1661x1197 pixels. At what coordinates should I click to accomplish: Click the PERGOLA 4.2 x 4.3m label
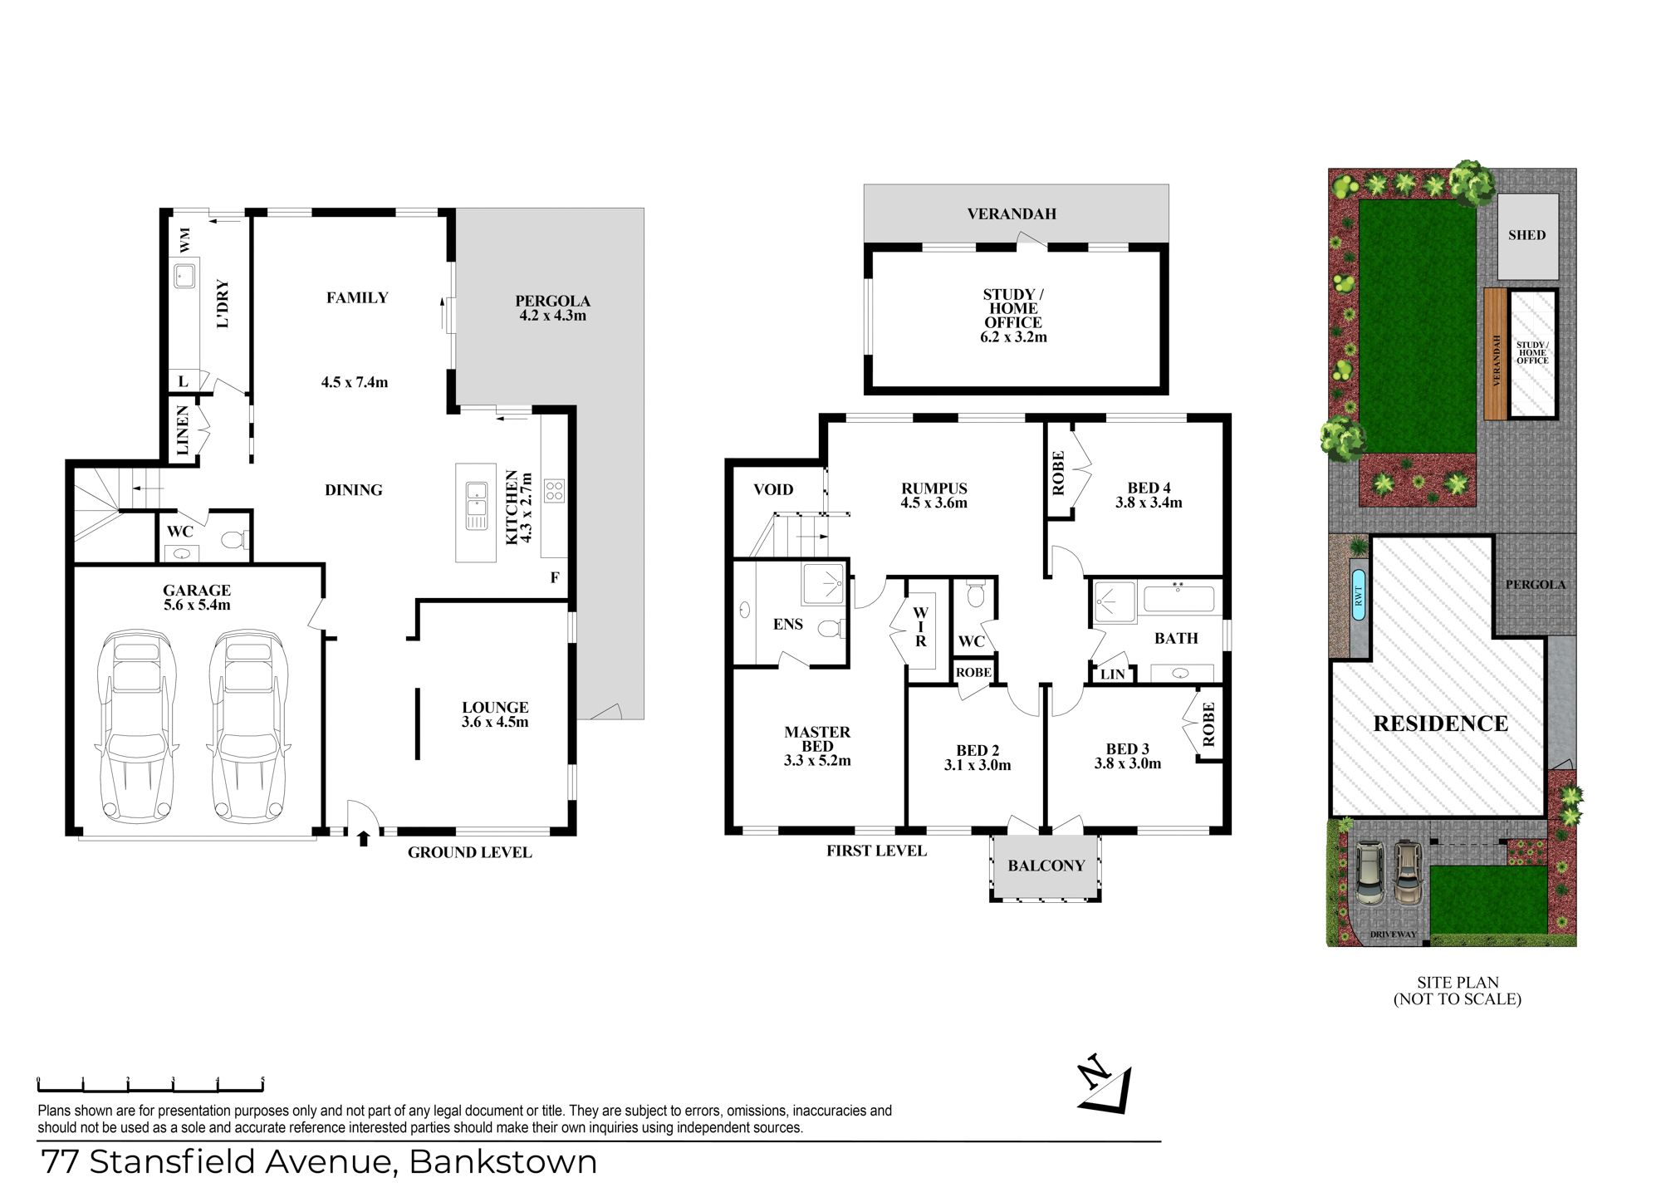coord(552,308)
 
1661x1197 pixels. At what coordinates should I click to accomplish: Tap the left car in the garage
coord(137,726)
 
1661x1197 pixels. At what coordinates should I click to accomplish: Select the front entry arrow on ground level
coord(363,838)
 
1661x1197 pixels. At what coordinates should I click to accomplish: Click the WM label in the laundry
coord(184,240)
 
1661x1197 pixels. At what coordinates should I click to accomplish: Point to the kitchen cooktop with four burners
coord(554,490)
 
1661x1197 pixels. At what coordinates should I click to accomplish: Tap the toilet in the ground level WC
coord(233,540)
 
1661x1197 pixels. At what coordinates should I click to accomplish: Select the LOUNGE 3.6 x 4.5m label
coord(495,714)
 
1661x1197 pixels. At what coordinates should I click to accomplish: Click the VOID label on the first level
coord(773,489)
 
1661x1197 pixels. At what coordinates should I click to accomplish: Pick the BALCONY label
coord(1046,866)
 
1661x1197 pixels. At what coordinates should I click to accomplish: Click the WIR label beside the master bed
coord(920,627)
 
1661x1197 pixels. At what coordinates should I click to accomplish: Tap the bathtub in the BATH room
coord(1179,599)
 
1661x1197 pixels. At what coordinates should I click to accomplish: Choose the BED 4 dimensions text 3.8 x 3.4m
coord(1149,503)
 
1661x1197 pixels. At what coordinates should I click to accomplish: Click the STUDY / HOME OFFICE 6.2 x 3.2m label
coord(1013,316)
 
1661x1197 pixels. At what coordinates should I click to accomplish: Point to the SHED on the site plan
coord(1527,236)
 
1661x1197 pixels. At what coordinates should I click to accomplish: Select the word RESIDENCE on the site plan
coord(1441,724)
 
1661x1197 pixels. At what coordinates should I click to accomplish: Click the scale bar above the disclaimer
coord(150,1085)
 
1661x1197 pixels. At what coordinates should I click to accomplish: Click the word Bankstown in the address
coord(503,1162)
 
